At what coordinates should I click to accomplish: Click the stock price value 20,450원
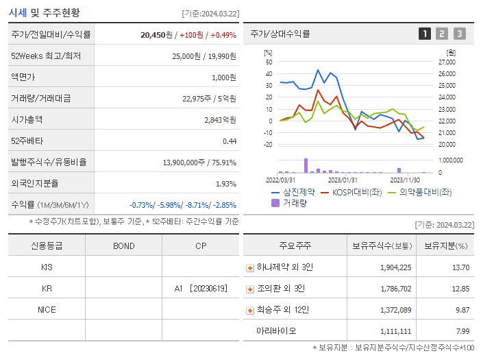click(156, 34)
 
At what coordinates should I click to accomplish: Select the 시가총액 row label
click(27, 119)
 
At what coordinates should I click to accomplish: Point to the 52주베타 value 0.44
click(229, 141)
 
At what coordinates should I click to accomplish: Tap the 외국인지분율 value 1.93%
click(225, 183)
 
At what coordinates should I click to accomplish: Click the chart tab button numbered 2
click(442, 34)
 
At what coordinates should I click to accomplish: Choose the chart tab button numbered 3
click(459, 34)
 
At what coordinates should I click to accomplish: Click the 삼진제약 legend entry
click(295, 192)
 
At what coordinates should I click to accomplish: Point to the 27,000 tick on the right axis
click(446, 62)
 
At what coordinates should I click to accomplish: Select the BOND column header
click(123, 245)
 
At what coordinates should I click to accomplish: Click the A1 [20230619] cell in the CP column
click(200, 288)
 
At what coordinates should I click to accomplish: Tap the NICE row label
click(47, 309)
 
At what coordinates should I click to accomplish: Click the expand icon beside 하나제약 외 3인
click(250, 267)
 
